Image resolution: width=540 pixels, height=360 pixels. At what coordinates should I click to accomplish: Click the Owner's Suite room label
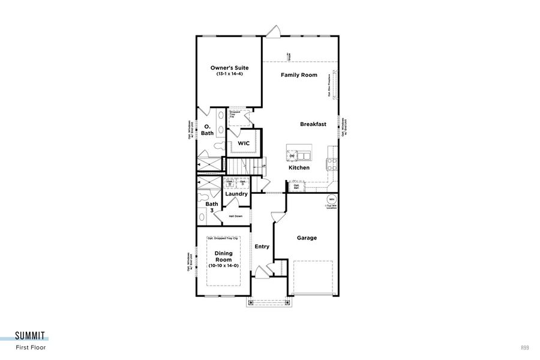(x=229, y=68)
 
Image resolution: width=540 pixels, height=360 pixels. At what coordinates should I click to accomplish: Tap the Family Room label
(x=299, y=75)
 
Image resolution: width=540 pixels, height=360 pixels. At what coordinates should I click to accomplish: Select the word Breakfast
(x=313, y=124)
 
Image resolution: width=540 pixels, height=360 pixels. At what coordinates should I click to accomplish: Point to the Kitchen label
(x=299, y=168)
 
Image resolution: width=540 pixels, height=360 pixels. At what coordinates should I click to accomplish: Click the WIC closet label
(x=244, y=144)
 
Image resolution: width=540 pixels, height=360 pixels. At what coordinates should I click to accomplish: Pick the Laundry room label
(x=236, y=194)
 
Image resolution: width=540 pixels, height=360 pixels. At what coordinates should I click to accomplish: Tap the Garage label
(x=307, y=238)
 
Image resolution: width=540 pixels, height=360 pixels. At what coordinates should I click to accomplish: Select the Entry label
(x=262, y=247)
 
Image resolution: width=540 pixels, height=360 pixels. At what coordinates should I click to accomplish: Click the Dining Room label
(x=223, y=257)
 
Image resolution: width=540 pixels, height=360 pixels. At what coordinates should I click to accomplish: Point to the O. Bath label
(x=207, y=130)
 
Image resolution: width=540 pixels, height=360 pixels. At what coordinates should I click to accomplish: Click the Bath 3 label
(x=212, y=207)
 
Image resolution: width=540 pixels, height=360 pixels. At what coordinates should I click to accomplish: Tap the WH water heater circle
(x=331, y=199)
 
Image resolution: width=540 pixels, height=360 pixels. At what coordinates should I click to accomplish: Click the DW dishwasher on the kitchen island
(x=292, y=156)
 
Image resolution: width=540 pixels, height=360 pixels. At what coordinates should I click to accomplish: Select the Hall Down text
(x=235, y=216)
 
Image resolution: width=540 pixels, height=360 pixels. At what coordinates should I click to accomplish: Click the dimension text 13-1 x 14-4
(x=229, y=73)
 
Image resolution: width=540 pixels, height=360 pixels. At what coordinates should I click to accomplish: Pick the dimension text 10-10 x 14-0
(x=223, y=265)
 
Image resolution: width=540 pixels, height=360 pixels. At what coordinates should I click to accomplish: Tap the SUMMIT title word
(x=31, y=336)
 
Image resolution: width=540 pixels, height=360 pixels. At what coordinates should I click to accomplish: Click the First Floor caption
(x=31, y=347)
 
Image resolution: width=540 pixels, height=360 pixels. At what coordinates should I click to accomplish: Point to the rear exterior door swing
(x=274, y=31)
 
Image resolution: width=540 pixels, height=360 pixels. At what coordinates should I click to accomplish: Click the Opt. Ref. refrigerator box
(x=296, y=187)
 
